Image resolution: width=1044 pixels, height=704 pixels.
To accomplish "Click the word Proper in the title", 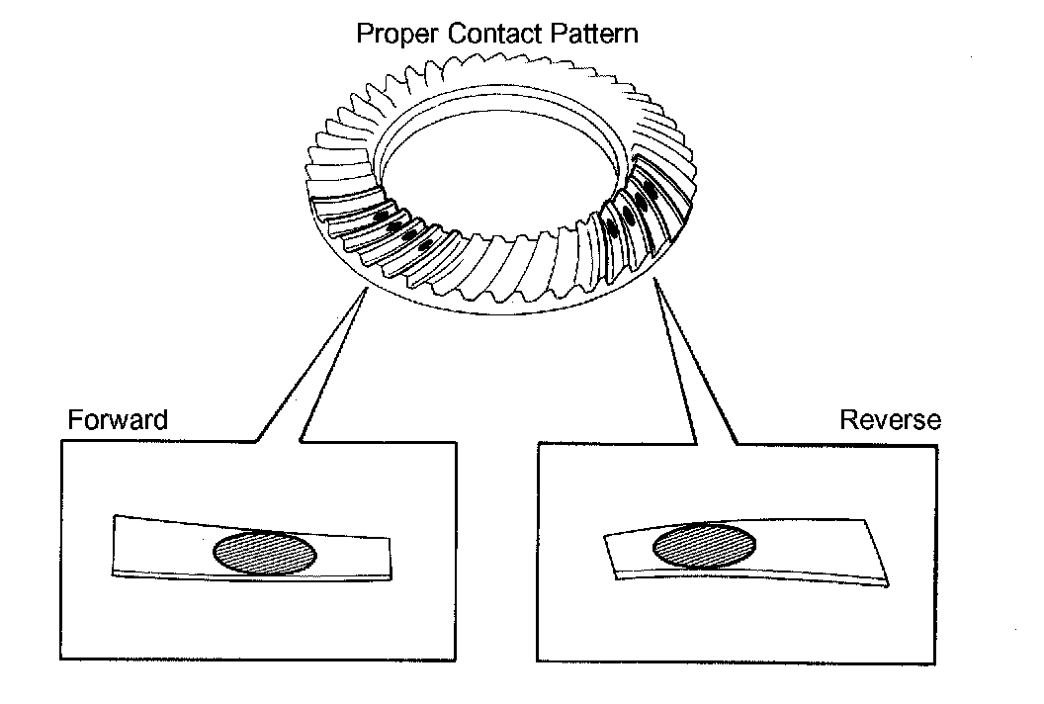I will pyautogui.click(x=392, y=34).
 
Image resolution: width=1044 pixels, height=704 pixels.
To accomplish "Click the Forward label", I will pyautogui.click(x=117, y=419).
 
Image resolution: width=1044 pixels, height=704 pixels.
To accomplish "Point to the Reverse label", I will pyautogui.click(x=890, y=419).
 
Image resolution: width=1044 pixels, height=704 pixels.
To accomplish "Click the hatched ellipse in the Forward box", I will pyautogui.click(x=266, y=553).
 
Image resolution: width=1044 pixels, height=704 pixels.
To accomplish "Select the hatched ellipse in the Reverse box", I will pyautogui.click(x=705, y=545).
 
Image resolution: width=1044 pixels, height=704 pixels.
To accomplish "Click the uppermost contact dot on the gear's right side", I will pyautogui.click(x=650, y=185).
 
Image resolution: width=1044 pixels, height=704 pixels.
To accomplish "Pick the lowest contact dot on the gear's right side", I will pyautogui.click(x=612, y=228).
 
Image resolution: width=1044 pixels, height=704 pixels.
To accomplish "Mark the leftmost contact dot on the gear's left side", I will pyautogui.click(x=380, y=216).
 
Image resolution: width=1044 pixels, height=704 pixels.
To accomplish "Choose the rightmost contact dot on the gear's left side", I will pyautogui.click(x=426, y=244).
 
